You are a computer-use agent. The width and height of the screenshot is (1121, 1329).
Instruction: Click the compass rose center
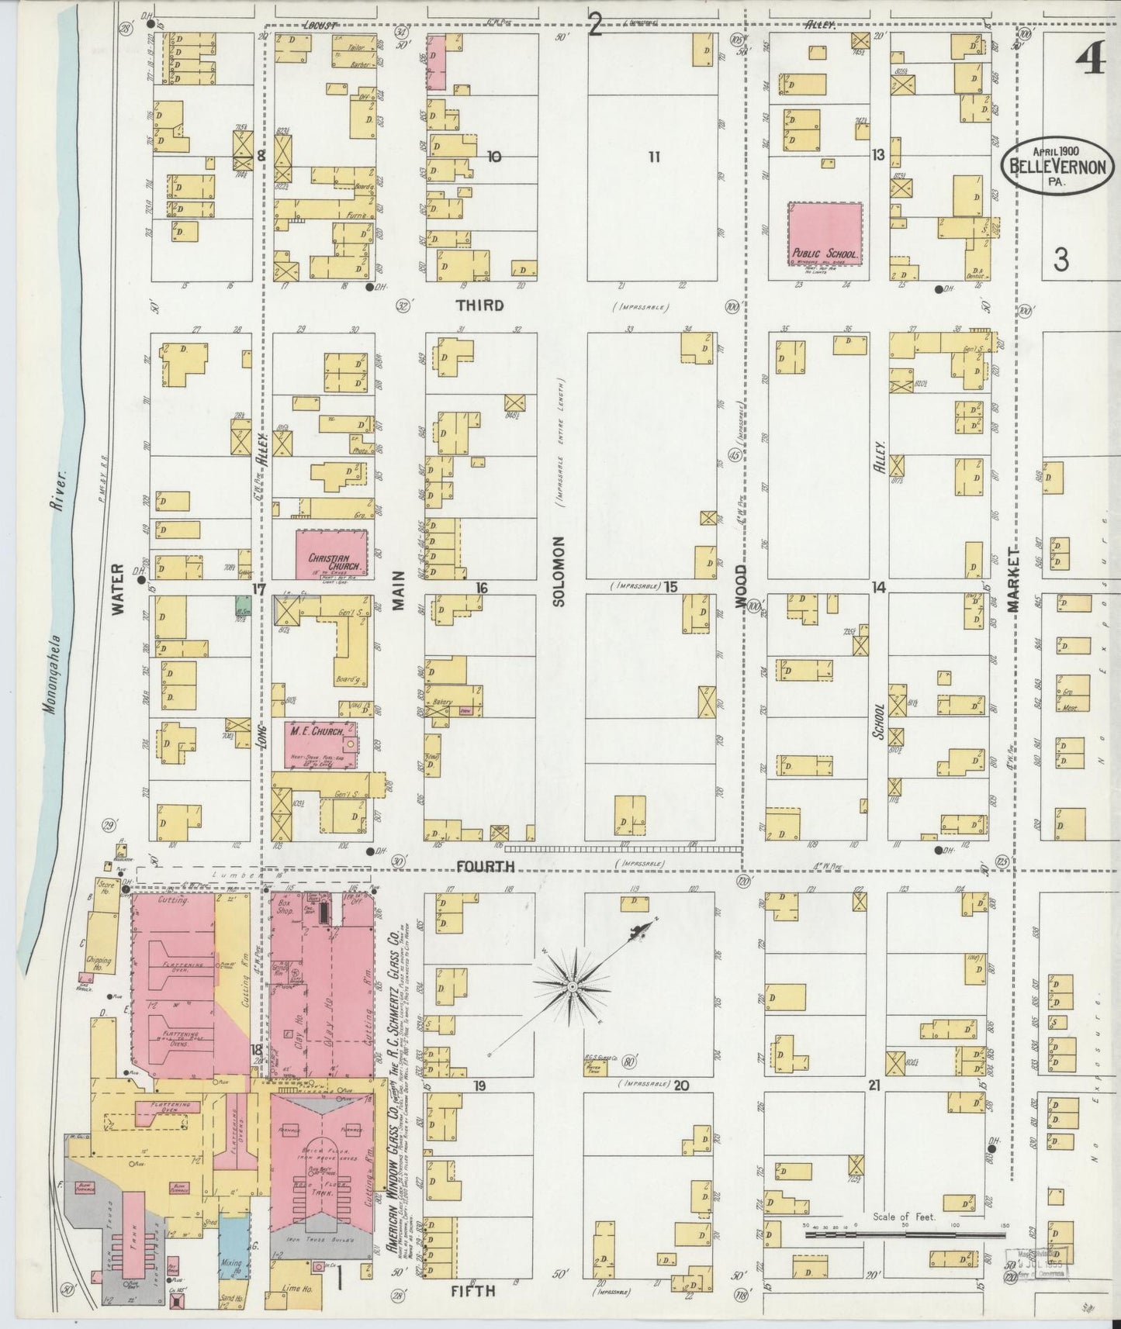click(x=572, y=986)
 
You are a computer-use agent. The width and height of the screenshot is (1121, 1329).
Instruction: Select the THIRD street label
click(x=479, y=305)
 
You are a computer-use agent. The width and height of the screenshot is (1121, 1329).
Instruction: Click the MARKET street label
click(x=1013, y=580)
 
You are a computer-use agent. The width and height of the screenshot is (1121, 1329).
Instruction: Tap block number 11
click(x=654, y=157)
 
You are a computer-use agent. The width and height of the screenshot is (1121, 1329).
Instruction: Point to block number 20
click(x=680, y=1086)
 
